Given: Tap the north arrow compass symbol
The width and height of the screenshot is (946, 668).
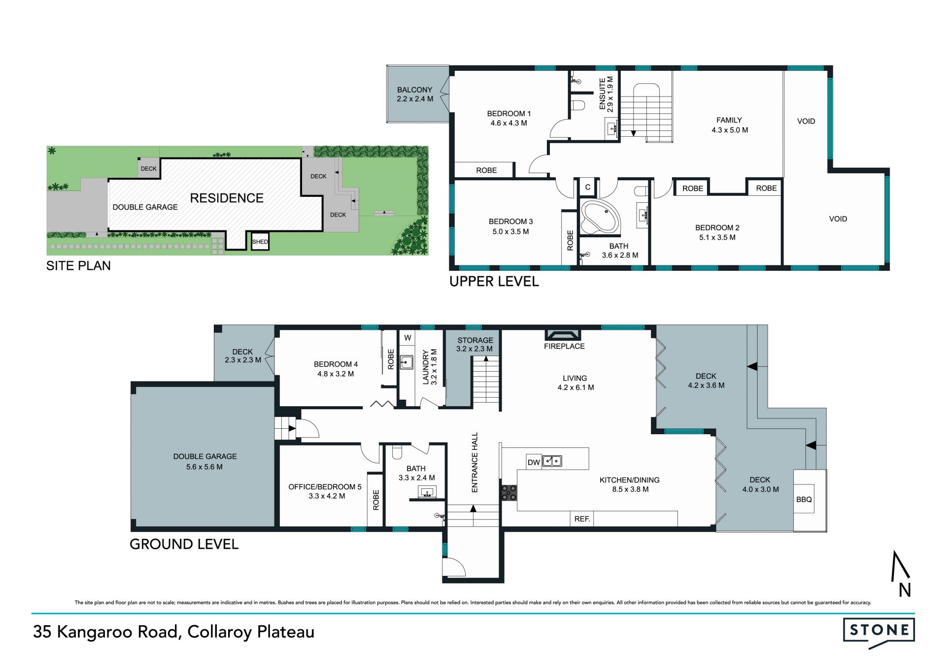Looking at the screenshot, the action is pos(901,573).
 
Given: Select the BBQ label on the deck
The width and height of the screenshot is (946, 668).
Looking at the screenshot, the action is pos(804,499).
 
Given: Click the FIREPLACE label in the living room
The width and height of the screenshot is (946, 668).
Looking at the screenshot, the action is pos(564,346).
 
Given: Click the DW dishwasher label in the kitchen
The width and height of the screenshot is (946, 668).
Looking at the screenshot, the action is pos(534,462).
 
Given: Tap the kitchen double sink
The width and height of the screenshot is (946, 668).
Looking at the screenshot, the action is pos(552,461).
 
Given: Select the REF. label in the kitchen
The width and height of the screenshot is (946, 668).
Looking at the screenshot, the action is pos(582,518).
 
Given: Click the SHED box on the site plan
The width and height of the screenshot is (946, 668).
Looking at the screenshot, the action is pos(260,241).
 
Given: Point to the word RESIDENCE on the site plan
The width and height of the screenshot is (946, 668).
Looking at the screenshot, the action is pos(227,198).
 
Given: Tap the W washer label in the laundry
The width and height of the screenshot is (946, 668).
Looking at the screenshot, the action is pos(407,338).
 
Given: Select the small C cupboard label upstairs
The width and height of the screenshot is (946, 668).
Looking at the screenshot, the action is pos(587,187).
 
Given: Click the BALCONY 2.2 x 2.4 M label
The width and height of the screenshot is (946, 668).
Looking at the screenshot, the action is pos(415,94).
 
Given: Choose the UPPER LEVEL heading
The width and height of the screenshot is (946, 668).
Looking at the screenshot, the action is pos(494,282).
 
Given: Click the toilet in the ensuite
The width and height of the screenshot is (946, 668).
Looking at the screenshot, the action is pos(577,105).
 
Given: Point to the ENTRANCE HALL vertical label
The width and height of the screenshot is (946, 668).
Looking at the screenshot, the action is pos(475,462).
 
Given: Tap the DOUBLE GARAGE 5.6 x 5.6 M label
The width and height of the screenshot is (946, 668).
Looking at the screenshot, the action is pos(205,461).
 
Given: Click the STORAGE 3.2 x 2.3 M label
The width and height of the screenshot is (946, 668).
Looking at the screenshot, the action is pos(475,344).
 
